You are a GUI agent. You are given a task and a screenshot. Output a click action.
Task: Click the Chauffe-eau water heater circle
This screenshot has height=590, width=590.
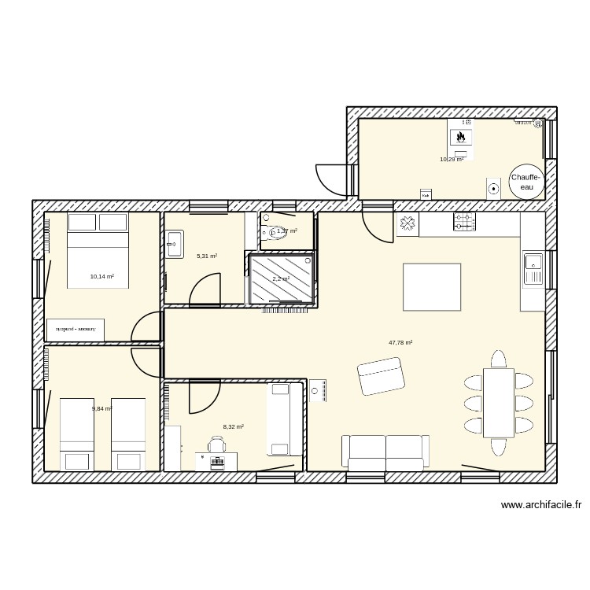click(x=524, y=182)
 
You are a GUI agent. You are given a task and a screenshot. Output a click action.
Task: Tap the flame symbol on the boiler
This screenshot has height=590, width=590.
click(x=461, y=137)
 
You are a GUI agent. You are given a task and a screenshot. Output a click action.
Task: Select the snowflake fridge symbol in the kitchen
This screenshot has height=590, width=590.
click(x=407, y=224)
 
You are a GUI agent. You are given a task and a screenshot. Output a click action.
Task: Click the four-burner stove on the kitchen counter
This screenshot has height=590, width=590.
click(x=464, y=223)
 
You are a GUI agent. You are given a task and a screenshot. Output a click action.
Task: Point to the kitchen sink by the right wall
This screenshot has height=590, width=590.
click(x=533, y=269)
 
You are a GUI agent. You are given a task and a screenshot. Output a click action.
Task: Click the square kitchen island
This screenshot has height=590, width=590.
click(x=432, y=287)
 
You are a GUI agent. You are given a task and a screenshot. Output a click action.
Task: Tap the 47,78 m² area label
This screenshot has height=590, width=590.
click(x=400, y=343)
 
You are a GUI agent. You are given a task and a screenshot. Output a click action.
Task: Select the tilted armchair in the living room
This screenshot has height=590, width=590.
click(x=381, y=376)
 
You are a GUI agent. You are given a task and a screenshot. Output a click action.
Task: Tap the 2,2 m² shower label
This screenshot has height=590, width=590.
click(x=281, y=279)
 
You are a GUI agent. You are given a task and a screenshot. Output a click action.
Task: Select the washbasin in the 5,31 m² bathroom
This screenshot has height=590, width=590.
click(x=174, y=243)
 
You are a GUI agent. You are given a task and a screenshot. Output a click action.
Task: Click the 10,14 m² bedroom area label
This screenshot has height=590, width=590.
click(x=102, y=277)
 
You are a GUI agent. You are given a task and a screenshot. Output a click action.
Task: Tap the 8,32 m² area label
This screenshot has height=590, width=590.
click(x=233, y=427)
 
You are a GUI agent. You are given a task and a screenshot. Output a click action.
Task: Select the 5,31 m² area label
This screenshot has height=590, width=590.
click(x=207, y=256)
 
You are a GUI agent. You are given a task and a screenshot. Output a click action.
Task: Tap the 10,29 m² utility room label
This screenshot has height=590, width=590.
click(x=452, y=160)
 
